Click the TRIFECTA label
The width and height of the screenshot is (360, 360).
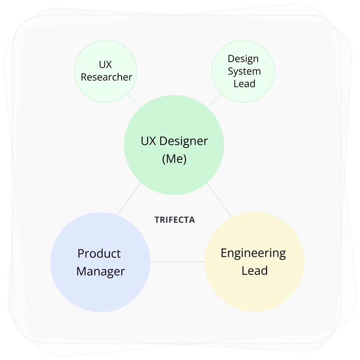click(x=174, y=220)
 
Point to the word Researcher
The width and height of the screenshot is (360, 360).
click(x=106, y=77)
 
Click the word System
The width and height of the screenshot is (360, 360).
click(x=244, y=71)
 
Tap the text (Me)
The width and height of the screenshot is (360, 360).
click(x=174, y=159)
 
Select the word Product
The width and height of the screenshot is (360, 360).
click(x=99, y=254)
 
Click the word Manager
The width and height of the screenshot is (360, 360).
click(x=101, y=271)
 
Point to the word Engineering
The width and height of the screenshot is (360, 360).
click(x=253, y=253)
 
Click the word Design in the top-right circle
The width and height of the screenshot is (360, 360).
click(x=243, y=59)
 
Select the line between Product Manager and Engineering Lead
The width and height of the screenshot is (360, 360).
click(x=177, y=262)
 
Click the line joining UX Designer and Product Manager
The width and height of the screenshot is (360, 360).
click(x=129, y=199)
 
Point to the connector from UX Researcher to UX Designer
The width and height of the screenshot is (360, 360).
click(x=134, y=101)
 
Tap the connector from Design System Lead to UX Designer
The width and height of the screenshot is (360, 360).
click(x=214, y=101)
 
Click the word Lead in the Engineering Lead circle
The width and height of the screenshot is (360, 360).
click(x=255, y=270)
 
